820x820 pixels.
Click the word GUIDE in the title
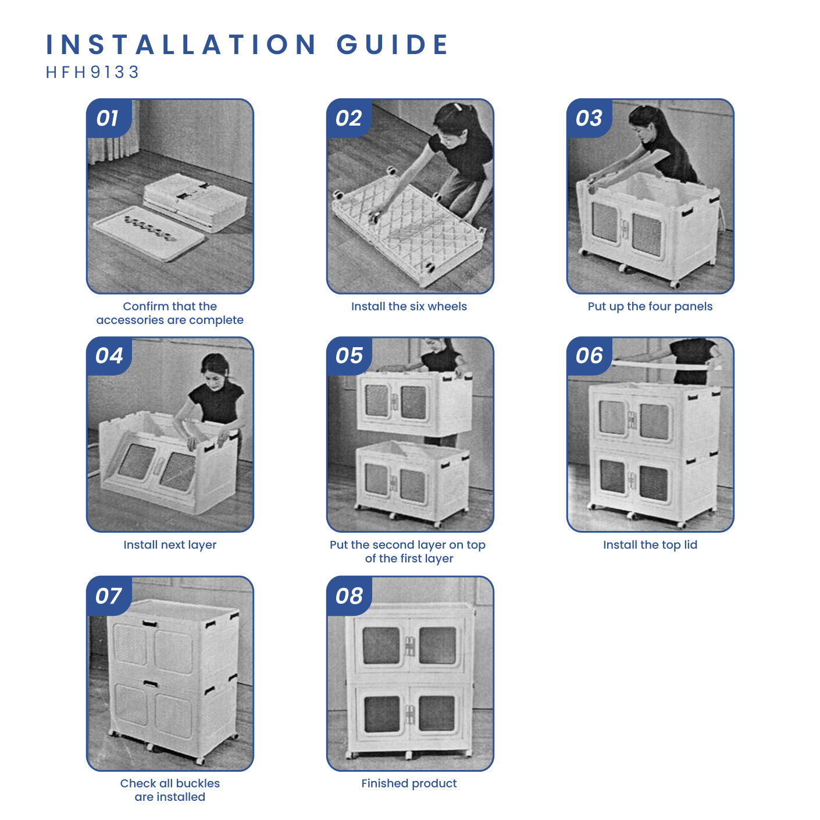click(x=393, y=44)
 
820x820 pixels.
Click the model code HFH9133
click(x=92, y=72)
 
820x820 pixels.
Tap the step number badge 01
click(x=109, y=118)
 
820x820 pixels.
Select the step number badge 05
click(x=350, y=356)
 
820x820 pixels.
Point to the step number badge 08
click(x=350, y=596)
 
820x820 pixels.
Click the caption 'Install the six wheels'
click(x=409, y=306)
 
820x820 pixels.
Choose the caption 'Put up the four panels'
click(x=650, y=306)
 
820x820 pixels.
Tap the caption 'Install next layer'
click(x=170, y=545)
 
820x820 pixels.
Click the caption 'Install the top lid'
click(x=650, y=545)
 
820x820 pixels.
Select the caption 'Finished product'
click(x=409, y=783)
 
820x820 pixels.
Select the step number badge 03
click(x=589, y=118)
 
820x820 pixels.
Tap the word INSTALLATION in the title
click(x=181, y=44)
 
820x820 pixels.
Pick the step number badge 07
click(x=109, y=596)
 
